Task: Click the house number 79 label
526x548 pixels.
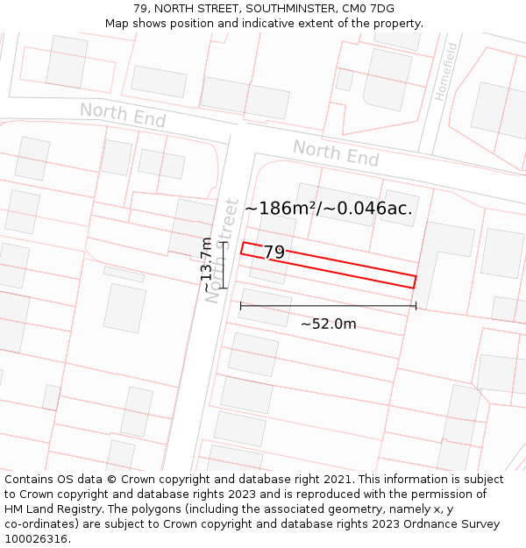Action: (274, 253)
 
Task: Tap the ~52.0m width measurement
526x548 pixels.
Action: (329, 324)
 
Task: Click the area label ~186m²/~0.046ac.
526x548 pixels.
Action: (329, 209)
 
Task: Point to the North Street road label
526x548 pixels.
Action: (223, 251)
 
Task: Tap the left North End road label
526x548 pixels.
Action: (123, 115)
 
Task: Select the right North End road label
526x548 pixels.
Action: (336, 153)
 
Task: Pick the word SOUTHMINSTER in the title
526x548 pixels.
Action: (282, 9)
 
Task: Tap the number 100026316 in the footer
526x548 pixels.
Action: (38, 539)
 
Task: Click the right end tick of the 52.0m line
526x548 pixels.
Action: (416, 306)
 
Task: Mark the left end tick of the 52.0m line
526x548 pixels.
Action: (241, 306)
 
